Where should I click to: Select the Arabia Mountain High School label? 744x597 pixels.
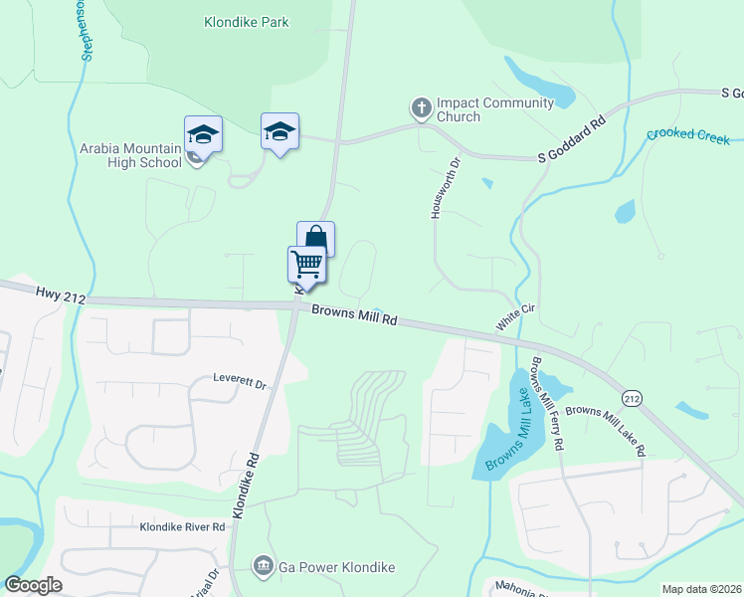pos(131,155)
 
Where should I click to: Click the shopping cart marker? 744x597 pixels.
pos(307,266)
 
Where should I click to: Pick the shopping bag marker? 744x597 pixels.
pos(316,240)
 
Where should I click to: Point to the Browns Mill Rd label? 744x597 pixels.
pos(354,315)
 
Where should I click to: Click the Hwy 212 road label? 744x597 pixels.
pos(62,294)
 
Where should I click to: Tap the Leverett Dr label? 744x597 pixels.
pos(241,382)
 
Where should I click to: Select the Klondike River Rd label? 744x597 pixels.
pos(183,526)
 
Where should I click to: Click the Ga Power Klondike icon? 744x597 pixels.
pos(264,566)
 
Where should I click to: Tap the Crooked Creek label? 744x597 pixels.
pos(687,134)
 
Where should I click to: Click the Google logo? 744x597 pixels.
pos(34,585)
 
